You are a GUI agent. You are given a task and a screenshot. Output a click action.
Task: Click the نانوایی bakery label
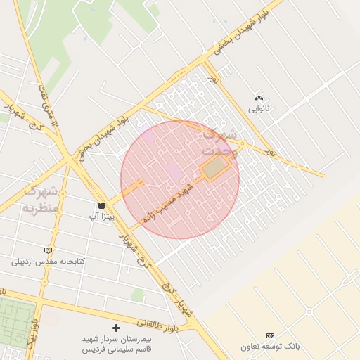tap(259, 109)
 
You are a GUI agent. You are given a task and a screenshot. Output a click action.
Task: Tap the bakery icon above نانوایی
tap(259, 98)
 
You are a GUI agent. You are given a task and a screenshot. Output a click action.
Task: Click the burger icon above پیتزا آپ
tap(102, 205)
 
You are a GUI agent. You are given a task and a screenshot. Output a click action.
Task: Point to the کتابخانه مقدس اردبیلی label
tap(48, 261)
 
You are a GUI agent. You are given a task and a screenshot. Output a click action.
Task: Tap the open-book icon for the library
tap(48, 250)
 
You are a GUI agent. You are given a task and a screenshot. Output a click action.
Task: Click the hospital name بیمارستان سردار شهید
tap(116, 339)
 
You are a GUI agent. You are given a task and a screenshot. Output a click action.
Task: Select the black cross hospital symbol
tap(116, 328)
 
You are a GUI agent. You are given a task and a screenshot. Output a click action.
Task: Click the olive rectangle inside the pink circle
tap(216, 167)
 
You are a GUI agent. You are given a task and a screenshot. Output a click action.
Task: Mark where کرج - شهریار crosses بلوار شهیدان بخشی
tap(74, 160)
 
